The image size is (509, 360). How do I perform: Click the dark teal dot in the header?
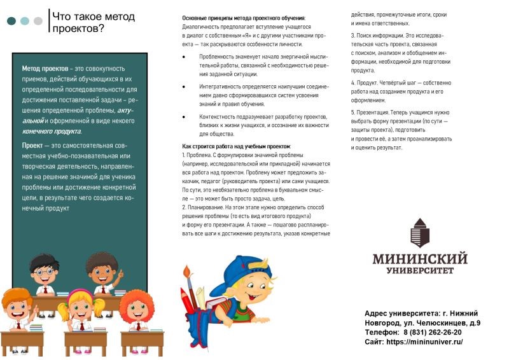[x=11, y=21]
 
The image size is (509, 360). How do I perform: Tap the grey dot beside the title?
[x=38, y=21]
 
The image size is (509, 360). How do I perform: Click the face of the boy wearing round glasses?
[x=45, y=272]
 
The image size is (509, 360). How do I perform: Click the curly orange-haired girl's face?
[x=136, y=310]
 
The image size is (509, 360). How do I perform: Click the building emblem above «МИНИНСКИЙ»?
[x=419, y=233]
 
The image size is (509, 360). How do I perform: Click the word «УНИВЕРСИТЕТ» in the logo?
[x=420, y=270]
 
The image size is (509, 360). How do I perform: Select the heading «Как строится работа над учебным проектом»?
[x=235, y=146]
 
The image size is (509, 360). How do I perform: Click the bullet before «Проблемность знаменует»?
[x=184, y=57]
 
